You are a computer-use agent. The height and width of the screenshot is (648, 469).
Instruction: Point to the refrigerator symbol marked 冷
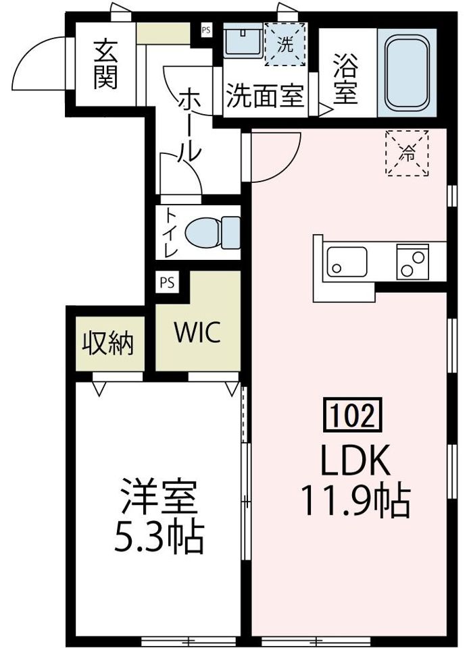tap(408, 153)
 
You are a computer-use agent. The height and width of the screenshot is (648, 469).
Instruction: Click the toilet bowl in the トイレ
tap(210, 233)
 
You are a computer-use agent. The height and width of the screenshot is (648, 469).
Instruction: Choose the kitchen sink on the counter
tap(346, 261)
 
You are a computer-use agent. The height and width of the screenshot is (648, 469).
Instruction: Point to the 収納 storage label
tap(108, 344)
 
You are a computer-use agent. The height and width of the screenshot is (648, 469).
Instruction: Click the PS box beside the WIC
tap(166, 283)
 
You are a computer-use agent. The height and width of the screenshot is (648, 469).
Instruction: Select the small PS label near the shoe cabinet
tap(205, 29)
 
